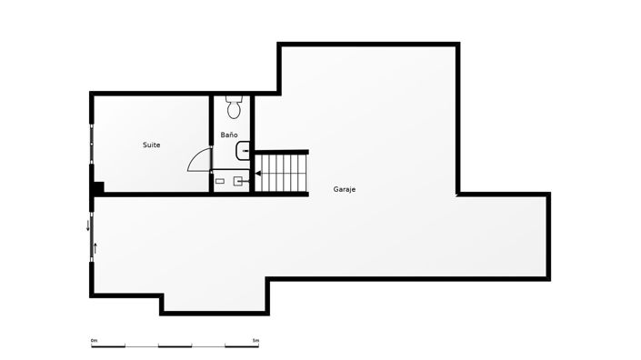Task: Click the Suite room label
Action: [x=152, y=145]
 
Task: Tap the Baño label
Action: [x=229, y=135]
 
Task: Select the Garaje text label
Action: [x=344, y=190]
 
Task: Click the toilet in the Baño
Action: [x=234, y=108]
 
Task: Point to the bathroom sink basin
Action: [x=242, y=150]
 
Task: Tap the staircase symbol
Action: [x=283, y=173]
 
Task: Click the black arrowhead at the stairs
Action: [x=257, y=173]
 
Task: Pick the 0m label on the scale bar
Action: [x=94, y=341]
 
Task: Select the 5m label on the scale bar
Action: [x=255, y=341]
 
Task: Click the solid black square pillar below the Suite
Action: [x=98, y=188]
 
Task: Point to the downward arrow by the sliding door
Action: [x=88, y=225]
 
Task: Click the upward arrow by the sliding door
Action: [x=95, y=246]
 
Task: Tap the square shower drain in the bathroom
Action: [x=239, y=181]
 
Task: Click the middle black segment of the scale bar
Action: [x=175, y=346]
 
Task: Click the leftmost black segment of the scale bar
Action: [x=107, y=346]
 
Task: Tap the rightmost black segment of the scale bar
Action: [x=241, y=346]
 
